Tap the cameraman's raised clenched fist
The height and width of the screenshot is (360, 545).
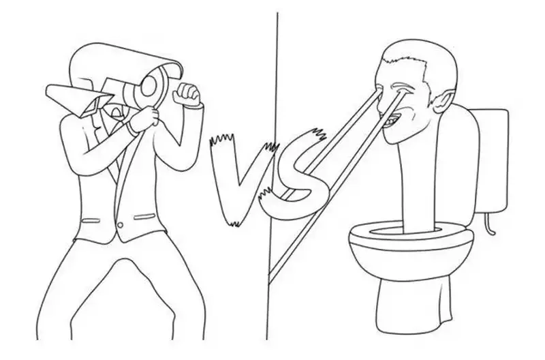(x=188, y=93)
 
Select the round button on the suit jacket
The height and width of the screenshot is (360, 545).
(x=121, y=225)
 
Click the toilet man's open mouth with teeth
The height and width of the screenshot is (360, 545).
(x=392, y=121)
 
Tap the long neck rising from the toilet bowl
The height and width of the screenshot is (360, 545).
(x=419, y=184)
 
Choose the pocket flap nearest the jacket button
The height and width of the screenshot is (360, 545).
(x=144, y=217)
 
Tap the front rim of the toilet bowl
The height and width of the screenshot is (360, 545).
(x=410, y=243)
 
